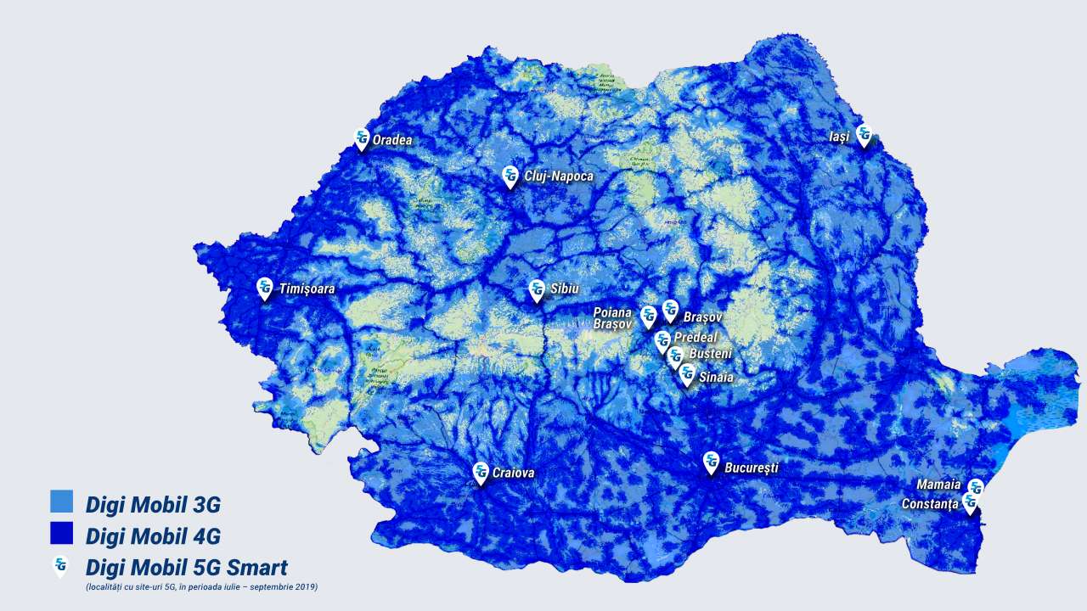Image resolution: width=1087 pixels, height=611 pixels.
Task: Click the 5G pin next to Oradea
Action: tap(362, 139)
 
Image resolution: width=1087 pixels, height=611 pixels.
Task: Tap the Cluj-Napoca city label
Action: tap(559, 177)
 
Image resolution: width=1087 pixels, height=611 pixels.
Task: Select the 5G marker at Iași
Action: tap(864, 135)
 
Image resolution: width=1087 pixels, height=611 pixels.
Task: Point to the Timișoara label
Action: tap(307, 289)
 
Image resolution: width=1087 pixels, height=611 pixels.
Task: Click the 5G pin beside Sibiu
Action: tap(537, 290)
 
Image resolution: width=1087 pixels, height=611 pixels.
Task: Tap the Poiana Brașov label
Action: tap(613, 318)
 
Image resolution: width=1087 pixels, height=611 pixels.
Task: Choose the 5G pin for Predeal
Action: tap(663, 341)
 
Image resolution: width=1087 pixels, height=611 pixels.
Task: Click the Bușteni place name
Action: tap(710, 353)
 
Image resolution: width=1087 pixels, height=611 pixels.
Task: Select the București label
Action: tap(751, 468)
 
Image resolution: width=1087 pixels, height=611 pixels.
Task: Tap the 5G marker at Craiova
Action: tap(481, 473)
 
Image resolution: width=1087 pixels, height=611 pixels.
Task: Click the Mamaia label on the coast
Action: tap(938, 485)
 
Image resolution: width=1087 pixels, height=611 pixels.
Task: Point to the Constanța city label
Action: tap(929, 504)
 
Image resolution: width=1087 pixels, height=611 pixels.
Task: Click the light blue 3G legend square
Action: tap(62, 502)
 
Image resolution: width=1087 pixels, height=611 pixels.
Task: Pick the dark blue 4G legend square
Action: tap(62, 534)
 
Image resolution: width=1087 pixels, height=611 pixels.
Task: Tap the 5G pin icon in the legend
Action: tap(61, 566)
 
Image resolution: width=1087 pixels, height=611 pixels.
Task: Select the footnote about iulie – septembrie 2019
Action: tap(201, 587)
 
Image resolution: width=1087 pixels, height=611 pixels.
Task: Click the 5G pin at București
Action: tap(711, 463)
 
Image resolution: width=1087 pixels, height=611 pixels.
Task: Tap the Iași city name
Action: tap(839, 137)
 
